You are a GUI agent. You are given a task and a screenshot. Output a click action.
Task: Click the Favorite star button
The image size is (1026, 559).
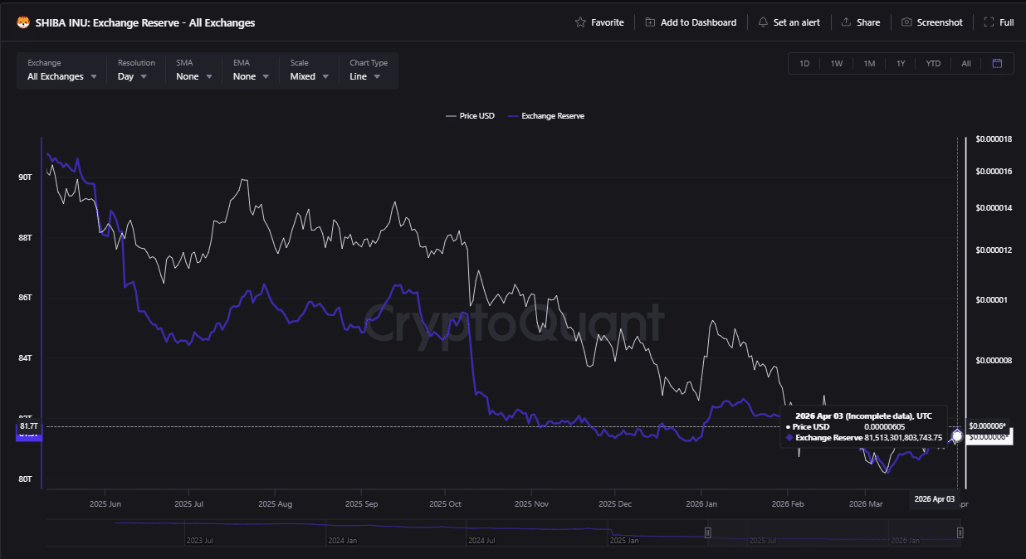coord(599,22)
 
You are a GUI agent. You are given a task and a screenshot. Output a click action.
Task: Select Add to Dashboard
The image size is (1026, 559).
coord(691,22)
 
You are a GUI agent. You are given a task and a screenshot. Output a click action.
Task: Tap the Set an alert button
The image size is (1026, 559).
coord(789,22)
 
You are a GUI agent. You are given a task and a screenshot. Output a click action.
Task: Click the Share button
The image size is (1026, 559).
coord(860,22)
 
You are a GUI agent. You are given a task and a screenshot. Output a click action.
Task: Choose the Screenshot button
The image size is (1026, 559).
coord(931,22)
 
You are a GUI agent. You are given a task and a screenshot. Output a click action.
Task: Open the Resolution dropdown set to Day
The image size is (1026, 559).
coord(133,76)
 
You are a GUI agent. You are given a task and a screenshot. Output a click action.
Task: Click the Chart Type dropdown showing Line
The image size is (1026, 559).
coord(365,76)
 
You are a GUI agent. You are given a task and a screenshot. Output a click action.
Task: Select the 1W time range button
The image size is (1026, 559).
coord(837,64)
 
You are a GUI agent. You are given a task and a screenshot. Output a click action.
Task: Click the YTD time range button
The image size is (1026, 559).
coord(933,64)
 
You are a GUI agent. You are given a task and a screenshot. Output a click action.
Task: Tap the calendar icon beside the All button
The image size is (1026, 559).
coord(997,64)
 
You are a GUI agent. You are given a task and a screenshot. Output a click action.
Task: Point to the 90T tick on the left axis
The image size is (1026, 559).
coord(24,177)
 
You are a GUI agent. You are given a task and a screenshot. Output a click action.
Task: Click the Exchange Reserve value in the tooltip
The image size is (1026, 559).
coord(902,437)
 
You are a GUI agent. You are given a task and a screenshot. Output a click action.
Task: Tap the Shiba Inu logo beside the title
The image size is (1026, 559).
coord(23,22)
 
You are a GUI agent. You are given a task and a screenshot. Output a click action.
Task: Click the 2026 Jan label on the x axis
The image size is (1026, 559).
coord(701,503)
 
